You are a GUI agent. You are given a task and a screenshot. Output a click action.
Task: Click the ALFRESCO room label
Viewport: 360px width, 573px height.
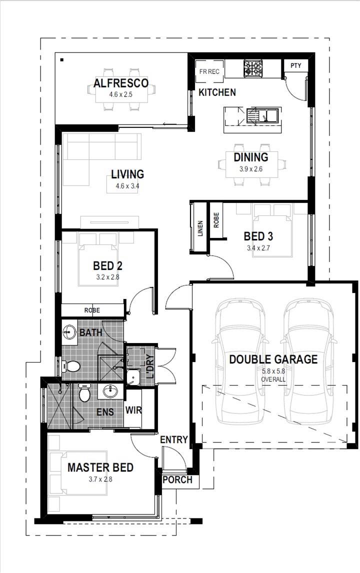[121, 83]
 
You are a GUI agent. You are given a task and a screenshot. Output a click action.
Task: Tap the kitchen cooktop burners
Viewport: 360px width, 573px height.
[253, 68]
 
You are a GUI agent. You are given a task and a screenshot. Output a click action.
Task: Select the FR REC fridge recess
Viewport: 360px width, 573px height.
[209, 71]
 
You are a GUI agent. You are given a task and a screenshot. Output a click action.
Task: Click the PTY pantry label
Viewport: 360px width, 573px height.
[295, 65]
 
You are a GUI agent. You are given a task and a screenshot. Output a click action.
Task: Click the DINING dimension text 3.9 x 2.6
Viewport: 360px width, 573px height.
[251, 169]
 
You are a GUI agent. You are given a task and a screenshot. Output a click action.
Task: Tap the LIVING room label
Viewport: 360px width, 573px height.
[127, 174]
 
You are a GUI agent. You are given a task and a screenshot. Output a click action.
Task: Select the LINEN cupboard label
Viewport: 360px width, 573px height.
[200, 228]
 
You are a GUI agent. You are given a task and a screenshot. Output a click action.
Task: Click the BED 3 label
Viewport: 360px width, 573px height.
[258, 236]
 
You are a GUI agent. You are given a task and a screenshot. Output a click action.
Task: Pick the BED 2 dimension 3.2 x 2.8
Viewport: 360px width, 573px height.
[108, 277]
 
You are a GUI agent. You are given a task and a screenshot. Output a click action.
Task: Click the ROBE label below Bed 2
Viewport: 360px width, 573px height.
[92, 310]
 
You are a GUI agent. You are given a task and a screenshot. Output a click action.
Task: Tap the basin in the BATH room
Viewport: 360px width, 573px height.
[69, 332]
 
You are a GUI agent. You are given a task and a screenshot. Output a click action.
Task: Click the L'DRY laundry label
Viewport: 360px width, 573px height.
[150, 367]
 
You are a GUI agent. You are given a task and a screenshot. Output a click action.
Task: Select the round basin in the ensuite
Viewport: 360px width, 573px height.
[110, 391]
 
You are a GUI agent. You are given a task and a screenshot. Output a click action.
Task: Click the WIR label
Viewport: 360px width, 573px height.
[133, 410]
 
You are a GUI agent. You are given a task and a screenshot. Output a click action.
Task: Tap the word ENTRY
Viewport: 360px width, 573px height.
[174, 439]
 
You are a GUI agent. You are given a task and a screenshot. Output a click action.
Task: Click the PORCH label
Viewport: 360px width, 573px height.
[177, 479]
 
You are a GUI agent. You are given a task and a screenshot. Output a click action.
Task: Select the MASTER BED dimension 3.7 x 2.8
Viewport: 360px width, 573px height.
[100, 479]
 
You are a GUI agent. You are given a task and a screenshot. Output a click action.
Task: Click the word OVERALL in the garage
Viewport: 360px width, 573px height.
[273, 379]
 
